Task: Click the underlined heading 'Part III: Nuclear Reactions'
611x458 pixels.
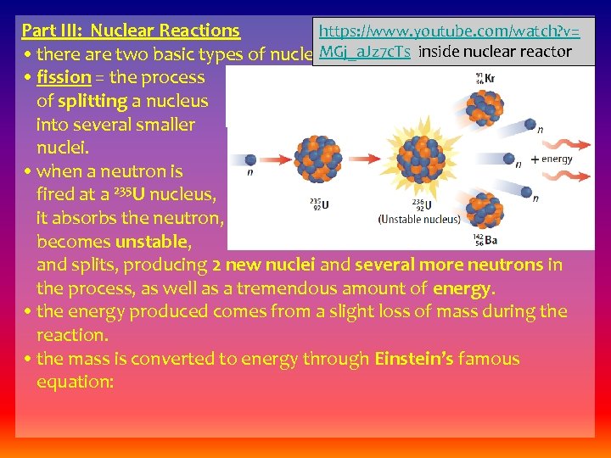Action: point(131,31)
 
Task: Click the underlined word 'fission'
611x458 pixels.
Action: point(64,77)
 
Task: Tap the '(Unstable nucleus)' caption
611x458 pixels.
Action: point(419,219)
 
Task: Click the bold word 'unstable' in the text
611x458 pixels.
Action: point(155,242)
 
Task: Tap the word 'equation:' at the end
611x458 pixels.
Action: point(75,383)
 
